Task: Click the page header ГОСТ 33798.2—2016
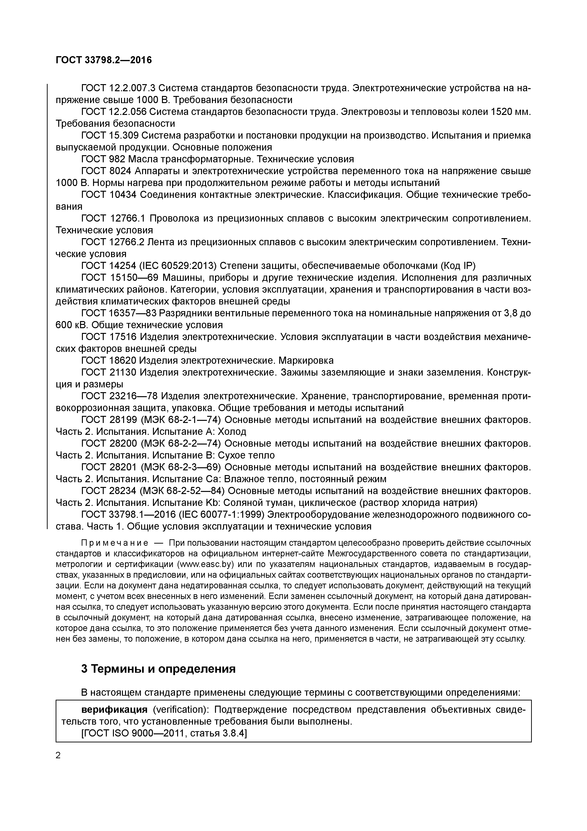coord(104,60)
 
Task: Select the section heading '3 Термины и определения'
coord(158,668)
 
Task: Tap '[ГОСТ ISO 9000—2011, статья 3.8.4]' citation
coord(164,733)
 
